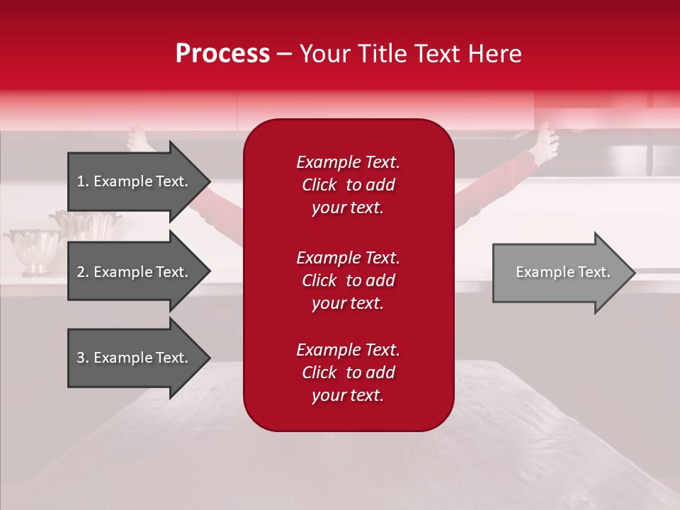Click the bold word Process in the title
(222, 54)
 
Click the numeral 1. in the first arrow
(83, 181)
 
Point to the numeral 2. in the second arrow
(83, 272)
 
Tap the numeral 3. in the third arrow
(83, 358)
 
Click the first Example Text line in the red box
(348, 162)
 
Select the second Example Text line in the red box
(348, 258)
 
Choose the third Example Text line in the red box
(348, 350)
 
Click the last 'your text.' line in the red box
(348, 395)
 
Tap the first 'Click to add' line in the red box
(348, 185)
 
